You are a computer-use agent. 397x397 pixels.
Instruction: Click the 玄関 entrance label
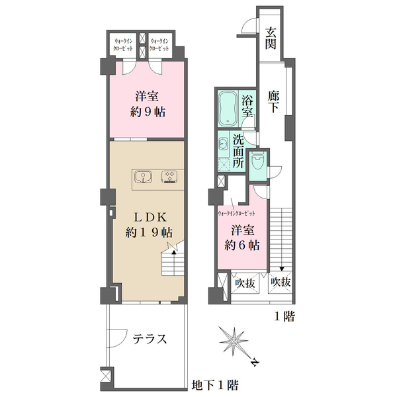(271, 38)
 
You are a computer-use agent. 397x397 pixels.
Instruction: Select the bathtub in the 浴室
(228, 109)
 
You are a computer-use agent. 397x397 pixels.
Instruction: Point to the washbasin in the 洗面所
(223, 144)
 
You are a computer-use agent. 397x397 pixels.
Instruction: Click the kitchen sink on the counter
(143, 177)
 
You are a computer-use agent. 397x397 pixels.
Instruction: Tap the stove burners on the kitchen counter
(169, 177)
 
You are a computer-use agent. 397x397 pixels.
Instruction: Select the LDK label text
(150, 218)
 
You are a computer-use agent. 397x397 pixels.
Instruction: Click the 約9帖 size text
(148, 112)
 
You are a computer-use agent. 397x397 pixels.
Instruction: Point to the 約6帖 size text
(242, 245)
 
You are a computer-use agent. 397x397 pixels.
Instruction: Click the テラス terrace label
(150, 339)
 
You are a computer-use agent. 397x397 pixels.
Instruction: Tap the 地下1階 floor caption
(215, 385)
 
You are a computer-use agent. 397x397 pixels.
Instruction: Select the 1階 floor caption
(285, 316)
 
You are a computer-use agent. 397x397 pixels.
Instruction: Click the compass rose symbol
(234, 342)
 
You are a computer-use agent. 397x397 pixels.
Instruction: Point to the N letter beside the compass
(255, 363)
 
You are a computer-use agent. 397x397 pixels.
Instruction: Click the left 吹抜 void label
(245, 283)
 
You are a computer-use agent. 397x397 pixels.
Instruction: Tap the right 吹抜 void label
(281, 282)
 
